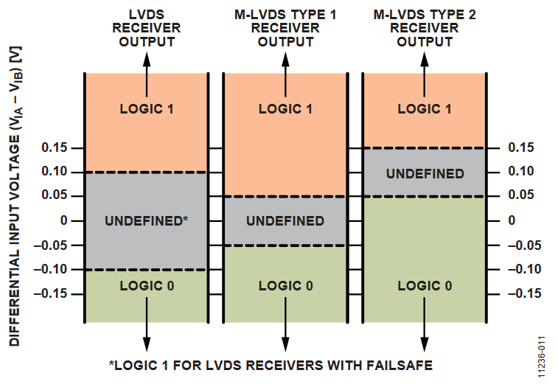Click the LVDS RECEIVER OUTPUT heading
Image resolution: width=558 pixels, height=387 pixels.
[146, 27]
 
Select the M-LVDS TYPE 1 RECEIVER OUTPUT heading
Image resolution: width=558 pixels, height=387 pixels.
[285, 27]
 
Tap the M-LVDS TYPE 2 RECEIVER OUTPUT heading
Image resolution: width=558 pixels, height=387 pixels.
[425, 27]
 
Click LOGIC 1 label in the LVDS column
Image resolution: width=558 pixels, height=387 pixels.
[146, 109]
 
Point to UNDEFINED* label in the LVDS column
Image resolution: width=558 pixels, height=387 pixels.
[146, 220]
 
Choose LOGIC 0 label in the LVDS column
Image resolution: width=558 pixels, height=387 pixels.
[146, 285]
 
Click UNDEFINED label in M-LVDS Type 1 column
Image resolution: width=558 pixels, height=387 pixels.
[285, 220]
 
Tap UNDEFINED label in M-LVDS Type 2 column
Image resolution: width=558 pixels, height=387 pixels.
[425, 174]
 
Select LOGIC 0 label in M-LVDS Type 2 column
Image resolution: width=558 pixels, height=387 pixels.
[425, 285]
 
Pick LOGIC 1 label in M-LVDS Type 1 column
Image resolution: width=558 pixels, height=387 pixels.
[285, 109]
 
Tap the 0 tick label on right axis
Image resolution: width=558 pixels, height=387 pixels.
[512, 220]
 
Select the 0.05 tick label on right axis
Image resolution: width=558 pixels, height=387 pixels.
[520, 196]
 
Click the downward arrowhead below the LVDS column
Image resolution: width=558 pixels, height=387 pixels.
[146, 344]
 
